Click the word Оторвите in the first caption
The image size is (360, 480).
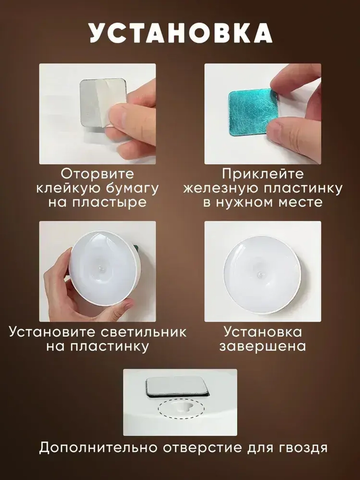97,174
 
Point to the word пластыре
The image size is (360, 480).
108,202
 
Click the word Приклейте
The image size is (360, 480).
263,174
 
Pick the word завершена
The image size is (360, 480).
263,346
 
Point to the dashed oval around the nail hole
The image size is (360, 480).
181,409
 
